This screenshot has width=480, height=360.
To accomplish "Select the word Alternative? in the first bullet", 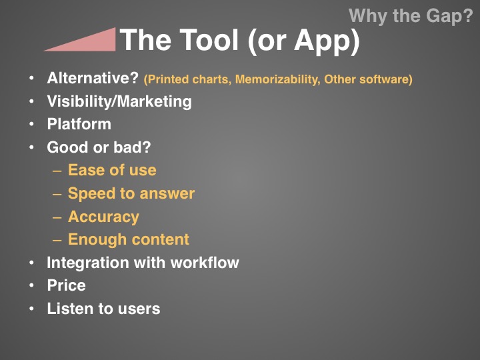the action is [x=93, y=78].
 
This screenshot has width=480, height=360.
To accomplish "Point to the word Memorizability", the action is [x=277, y=79].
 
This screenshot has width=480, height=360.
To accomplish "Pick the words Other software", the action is [x=367, y=79].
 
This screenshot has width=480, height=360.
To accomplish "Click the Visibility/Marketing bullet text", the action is [x=119, y=101].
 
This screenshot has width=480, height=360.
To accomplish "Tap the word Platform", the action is [x=79, y=124].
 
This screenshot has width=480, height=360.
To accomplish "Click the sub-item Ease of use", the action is [x=112, y=170].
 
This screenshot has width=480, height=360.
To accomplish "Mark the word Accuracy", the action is [x=103, y=217].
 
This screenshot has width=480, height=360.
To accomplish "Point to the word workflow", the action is [x=205, y=263].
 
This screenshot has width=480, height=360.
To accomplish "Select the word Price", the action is [x=66, y=285].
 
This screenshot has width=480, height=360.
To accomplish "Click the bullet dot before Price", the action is [x=31, y=285].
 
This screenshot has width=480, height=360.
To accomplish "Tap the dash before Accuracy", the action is [x=57, y=217].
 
